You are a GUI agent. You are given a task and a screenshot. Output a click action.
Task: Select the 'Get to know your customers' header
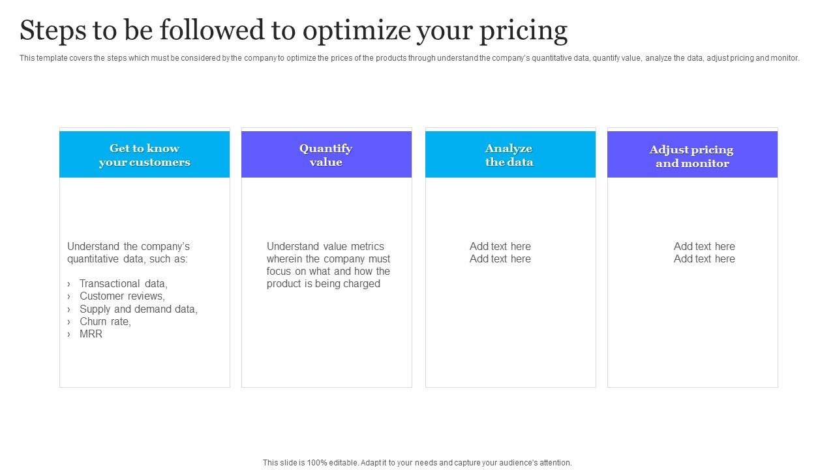pos(144,155)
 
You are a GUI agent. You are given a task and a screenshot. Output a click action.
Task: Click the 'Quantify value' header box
pos(326,155)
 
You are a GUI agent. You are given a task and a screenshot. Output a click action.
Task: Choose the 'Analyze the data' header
pos(509,155)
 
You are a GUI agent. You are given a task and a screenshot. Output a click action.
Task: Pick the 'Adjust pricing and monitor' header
pos(691,156)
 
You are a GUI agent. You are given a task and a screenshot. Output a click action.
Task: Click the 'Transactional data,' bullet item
pos(123,283)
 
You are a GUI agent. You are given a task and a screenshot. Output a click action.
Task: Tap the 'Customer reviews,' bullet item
pos(122,296)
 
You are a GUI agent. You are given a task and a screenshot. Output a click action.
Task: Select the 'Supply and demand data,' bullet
pos(138,309)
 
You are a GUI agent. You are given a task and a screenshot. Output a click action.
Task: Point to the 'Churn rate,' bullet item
pos(105,321)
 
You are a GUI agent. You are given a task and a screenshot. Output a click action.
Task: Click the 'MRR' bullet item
pos(91,334)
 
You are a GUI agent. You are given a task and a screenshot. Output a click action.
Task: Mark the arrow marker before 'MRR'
pos(68,334)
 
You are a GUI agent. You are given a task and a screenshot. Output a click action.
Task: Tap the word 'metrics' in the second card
pos(366,246)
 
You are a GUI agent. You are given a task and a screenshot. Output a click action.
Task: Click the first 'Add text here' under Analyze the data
pos(500,246)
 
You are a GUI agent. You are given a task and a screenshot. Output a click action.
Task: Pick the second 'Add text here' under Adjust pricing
pos(704,258)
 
